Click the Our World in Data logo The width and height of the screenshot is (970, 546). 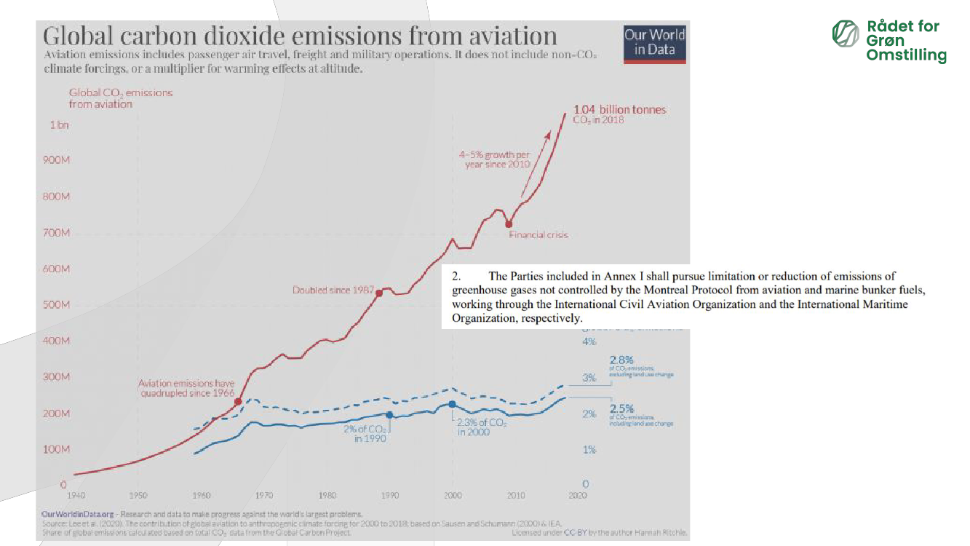pos(655,44)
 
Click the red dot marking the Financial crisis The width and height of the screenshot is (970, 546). pos(509,223)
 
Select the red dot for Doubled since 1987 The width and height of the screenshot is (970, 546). pos(379,293)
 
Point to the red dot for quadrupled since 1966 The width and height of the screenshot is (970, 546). pos(238,402)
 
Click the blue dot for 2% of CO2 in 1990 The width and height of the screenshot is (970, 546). pos(389,415)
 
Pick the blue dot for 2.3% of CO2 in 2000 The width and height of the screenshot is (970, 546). pos(453,404)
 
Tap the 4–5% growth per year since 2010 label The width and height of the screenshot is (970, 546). pos(494,159)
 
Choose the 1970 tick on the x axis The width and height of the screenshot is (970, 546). pos(264,495)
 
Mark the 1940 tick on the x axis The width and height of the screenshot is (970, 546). pos(75,495)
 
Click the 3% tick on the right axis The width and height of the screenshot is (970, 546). pos(589,378)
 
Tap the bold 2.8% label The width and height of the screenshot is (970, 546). pos(621,360)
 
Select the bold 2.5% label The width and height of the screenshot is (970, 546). pos(621,409)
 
